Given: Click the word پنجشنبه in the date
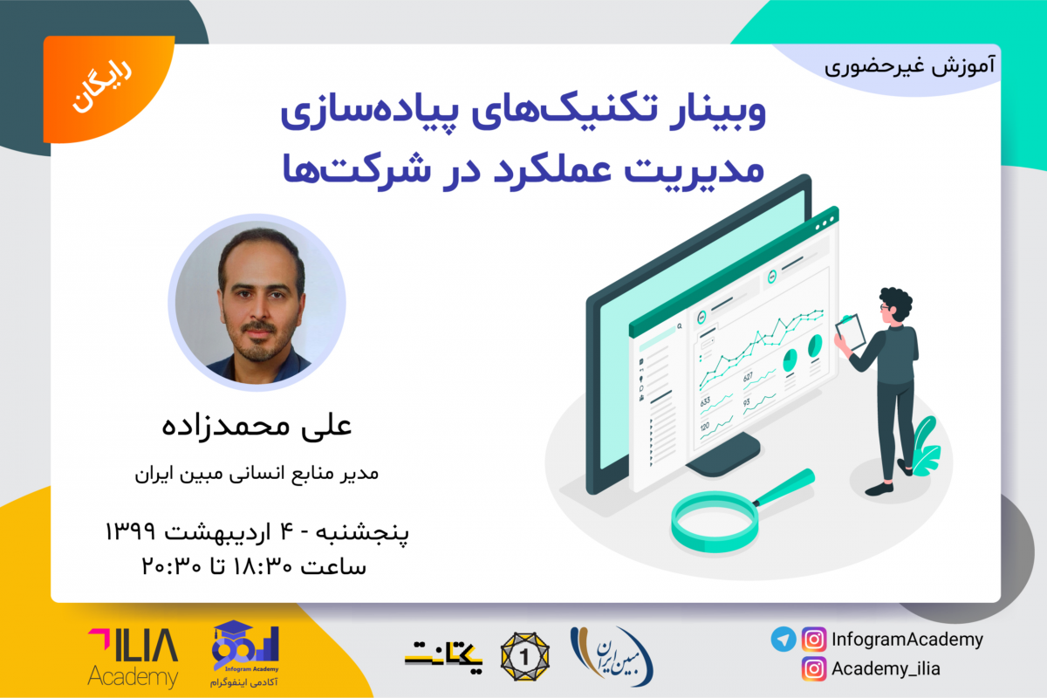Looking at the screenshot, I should coord(366,530).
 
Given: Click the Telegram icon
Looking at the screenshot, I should coord(784,640).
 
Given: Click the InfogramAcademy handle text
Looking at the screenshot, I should coord(907,640).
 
